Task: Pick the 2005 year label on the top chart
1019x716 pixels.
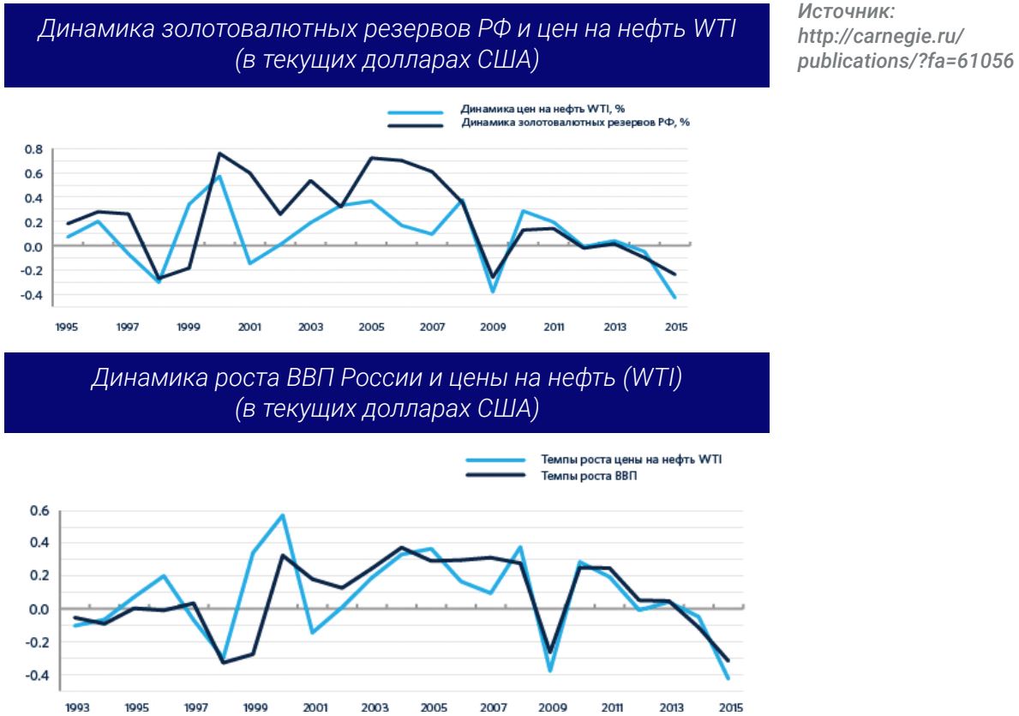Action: coord(372,327)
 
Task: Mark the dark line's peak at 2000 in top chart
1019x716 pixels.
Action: coord(219,153)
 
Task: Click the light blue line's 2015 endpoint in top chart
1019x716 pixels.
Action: coord(676,298)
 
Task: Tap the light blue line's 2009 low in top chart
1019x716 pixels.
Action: coord(493,292)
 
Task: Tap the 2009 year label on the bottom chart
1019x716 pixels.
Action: coord(550,708)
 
